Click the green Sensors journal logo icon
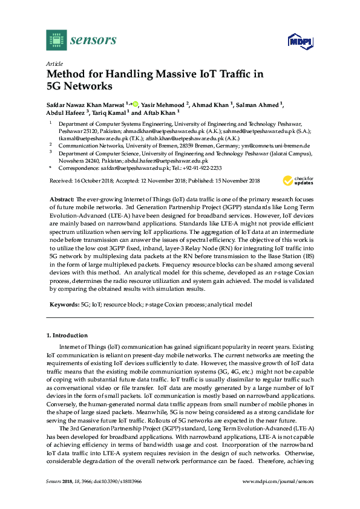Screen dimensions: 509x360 56,40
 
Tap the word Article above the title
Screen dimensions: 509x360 54,63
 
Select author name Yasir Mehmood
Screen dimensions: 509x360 162,104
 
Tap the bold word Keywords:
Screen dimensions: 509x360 64,305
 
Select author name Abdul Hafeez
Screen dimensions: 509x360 67,112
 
